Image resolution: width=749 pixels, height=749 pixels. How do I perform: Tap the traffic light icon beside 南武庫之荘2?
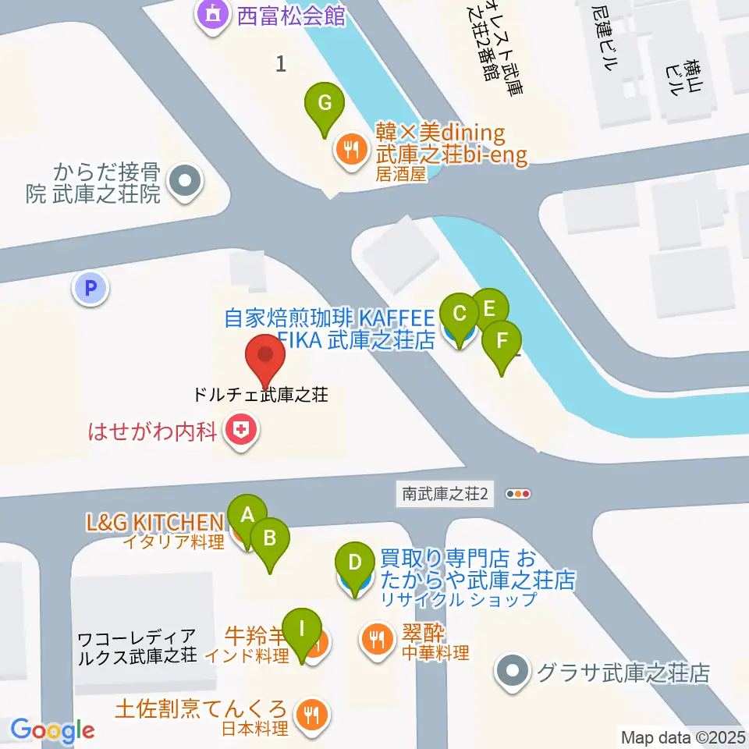[x=518, y=494]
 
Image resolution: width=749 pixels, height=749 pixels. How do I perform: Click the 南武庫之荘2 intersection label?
[x=445, y=494]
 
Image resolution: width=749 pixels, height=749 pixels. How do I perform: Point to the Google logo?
[x=52, y=729]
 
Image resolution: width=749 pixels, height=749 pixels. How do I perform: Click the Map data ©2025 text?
[x=683, y=737]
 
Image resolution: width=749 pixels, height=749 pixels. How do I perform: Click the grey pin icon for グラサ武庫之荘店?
[x=512, y=672]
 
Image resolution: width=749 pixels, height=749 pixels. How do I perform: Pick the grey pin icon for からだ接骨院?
[x=185, y=183]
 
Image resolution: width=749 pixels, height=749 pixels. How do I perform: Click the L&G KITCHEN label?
[x=155, y=521]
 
